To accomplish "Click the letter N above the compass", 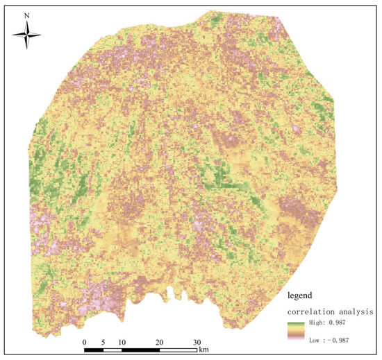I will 26,14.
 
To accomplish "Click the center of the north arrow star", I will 26,34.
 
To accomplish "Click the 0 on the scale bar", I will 84,343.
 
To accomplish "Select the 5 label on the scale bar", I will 102,343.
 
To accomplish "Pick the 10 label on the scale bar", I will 122,343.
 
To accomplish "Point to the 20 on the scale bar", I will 159,343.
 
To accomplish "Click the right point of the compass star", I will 40,34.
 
